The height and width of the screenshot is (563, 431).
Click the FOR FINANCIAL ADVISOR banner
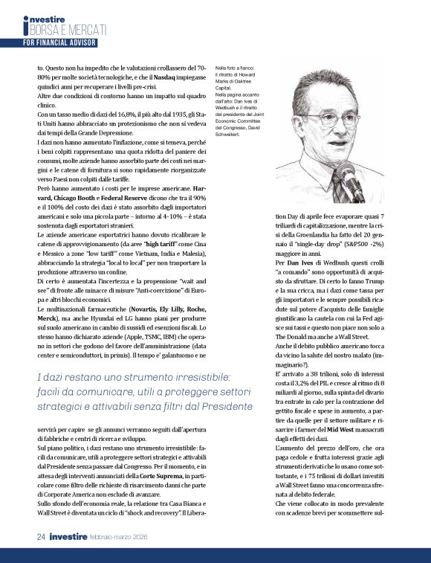tap(59, 43)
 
